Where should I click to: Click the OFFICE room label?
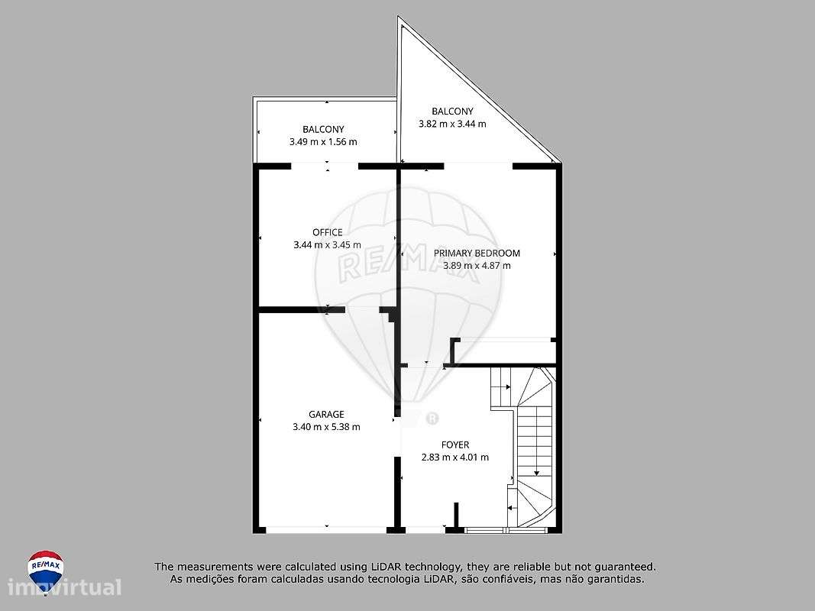point(327,232)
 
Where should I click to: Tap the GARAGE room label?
point(326,414)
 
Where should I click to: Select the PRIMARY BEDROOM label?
point(477,253)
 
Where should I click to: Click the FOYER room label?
point(455,445)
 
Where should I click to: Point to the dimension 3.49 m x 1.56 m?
point(323,142)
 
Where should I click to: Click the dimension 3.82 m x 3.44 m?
point(452,124)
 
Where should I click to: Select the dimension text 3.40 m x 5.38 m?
point(326,427)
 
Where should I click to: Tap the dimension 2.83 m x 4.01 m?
point(455,457)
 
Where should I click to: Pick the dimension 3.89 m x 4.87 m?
point(477,266)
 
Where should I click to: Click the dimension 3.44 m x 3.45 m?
point(327,245)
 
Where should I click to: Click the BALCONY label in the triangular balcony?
point(452,111)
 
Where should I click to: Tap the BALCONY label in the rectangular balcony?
point(323,129)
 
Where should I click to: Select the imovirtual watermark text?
point(65,588)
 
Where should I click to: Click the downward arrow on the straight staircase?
point(536,469)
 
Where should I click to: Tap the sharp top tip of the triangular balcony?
point(399,19)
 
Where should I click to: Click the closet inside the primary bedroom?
point(504,351)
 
